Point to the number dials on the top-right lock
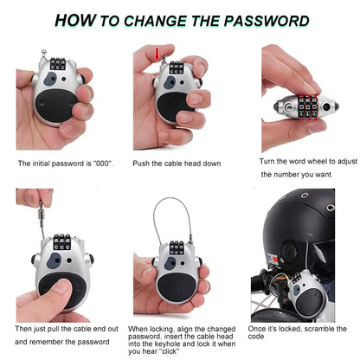[307, 106]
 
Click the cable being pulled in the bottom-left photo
[41, 213]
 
